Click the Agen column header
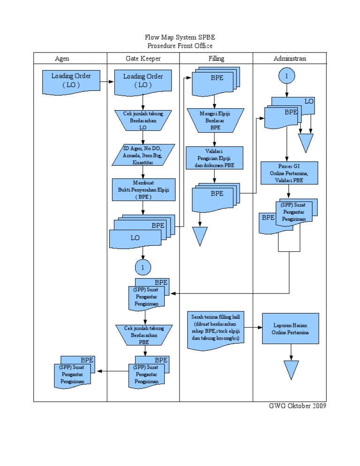coord(62,59)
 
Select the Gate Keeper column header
coord(143,59)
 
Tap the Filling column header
coord(216,59)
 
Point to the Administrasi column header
coord(290,59)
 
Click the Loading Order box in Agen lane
coord(71,81)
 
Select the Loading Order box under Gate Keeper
coord(143,81)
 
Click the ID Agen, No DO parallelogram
coord(144,154)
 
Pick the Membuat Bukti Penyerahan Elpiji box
coord(144,189)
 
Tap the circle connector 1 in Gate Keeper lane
coord(143,267)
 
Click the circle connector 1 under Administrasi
coord(286,75)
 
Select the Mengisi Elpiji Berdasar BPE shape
coord(215,120)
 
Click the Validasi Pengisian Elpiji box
coord(215,158)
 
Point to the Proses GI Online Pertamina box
coord(290,173)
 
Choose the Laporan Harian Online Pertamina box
coord(291,329)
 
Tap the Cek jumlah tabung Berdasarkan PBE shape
coord(144,335)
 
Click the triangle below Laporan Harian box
coord(291,369)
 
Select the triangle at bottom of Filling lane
coord(200,235)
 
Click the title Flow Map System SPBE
coord(180,38)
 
